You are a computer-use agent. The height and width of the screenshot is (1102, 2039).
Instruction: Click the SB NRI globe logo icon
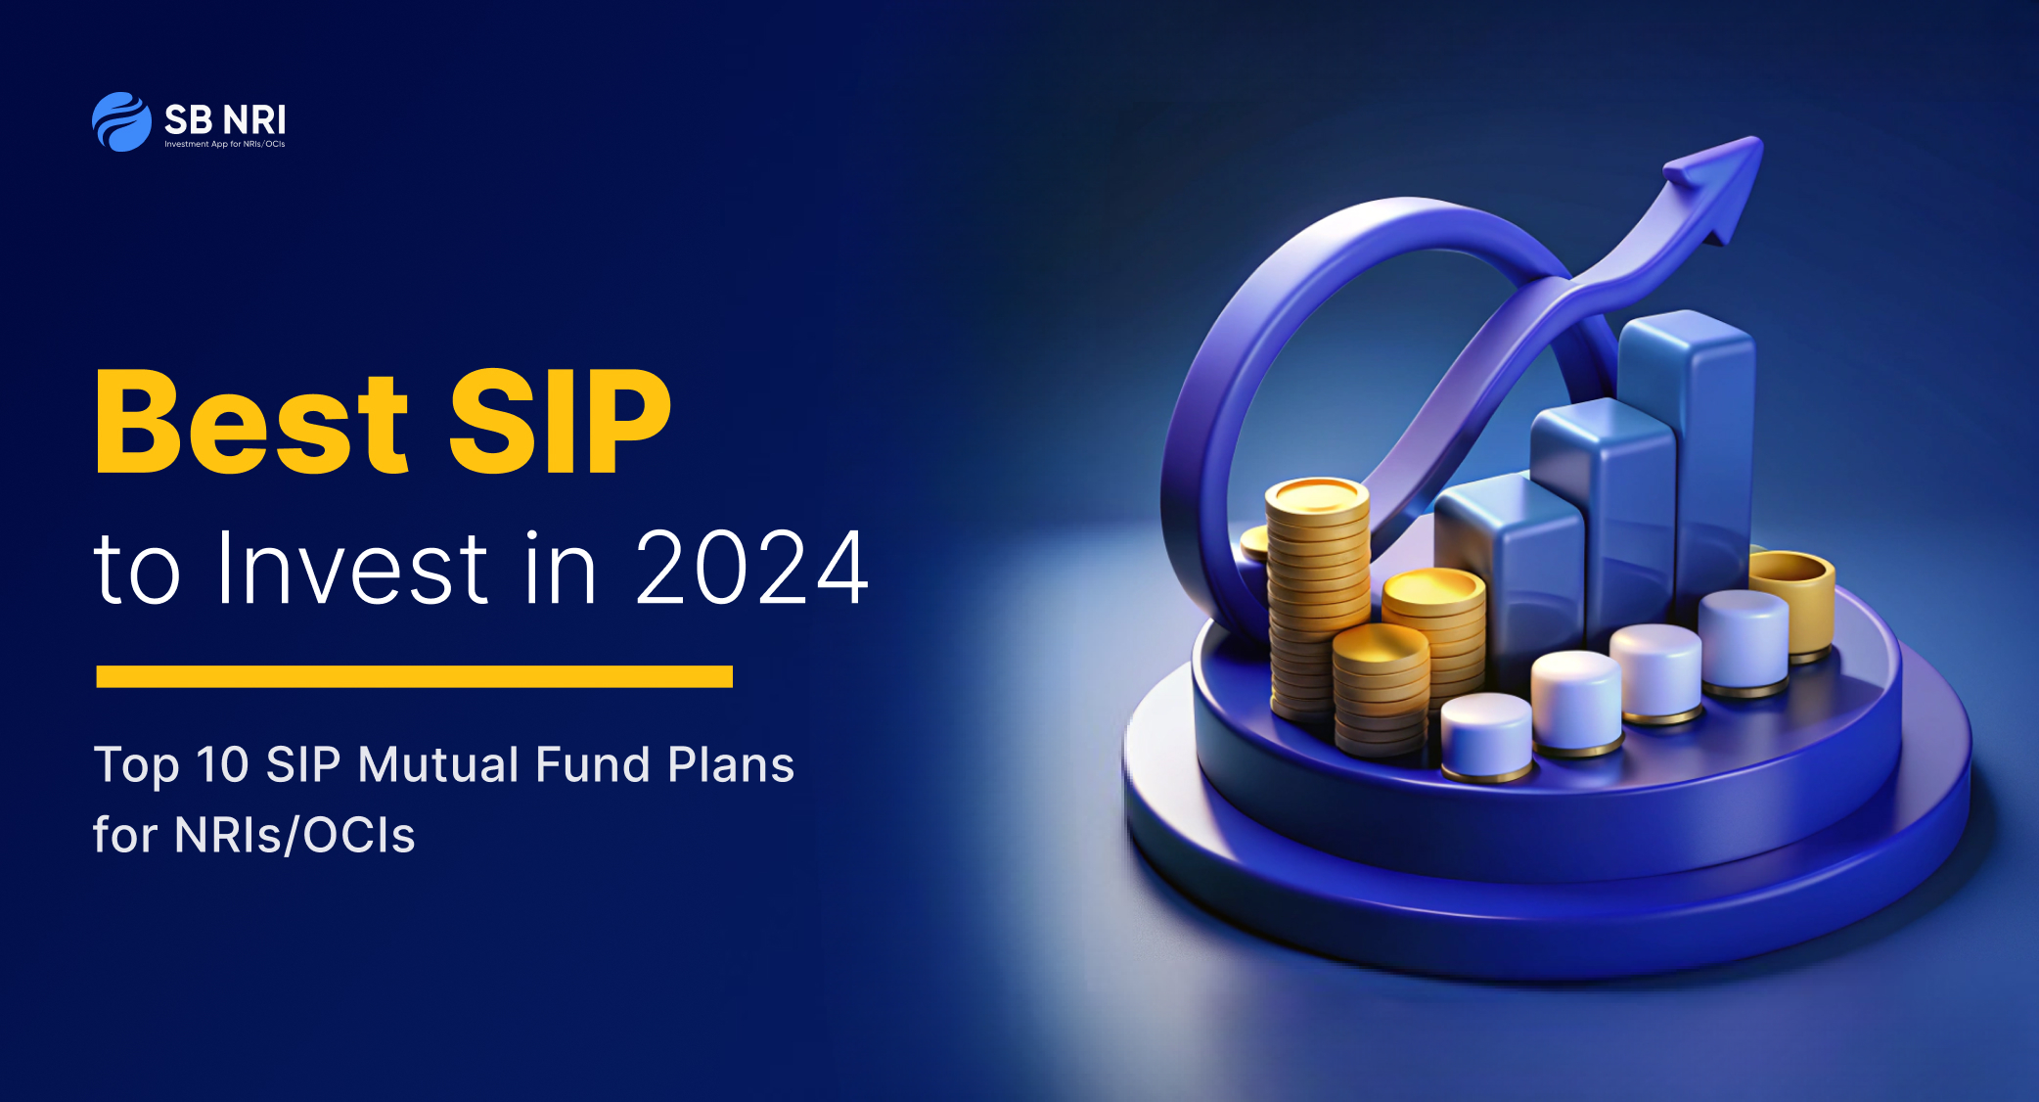121,121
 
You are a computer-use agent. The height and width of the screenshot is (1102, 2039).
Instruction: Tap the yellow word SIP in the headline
560,422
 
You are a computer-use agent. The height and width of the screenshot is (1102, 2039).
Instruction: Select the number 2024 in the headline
751,568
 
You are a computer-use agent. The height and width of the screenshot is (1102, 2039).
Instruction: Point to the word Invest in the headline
353,568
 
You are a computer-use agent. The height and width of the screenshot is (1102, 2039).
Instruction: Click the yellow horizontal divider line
415,676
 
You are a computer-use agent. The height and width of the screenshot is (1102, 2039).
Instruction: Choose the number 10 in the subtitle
223,764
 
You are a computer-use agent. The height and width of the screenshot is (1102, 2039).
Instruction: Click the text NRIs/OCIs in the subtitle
295,835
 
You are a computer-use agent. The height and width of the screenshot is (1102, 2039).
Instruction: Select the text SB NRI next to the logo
225,120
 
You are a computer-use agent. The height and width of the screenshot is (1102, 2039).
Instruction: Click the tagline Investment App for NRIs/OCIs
225,145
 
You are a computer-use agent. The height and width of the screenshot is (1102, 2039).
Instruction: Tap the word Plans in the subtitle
731,764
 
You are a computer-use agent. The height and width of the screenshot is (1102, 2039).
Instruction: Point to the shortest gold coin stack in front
1380,690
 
